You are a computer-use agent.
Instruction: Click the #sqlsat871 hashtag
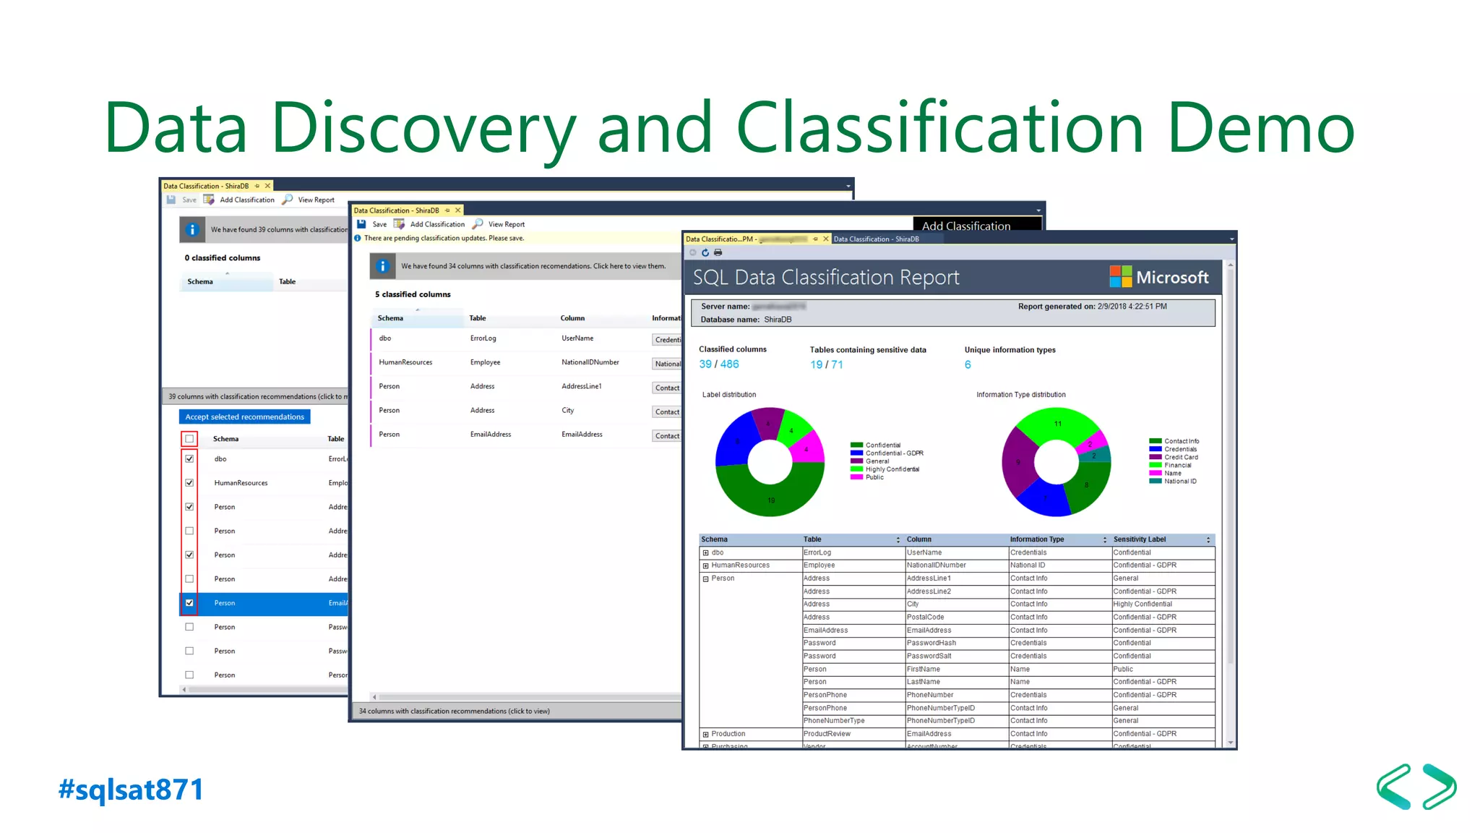point(131,789)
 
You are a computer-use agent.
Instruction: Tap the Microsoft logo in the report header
point(1158,277)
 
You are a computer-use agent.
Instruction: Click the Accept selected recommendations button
point(244,416)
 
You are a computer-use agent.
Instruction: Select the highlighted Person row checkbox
point(189,602)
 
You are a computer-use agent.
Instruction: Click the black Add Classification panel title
point(965,226)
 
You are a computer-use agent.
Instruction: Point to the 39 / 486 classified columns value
point(718,364)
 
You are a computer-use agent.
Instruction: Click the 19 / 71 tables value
point(826,364)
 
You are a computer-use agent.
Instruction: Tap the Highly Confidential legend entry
point(892,469)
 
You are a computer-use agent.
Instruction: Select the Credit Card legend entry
point(1181,457)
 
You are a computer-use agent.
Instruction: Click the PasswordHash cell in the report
point(931,643)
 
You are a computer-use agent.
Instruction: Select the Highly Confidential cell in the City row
point(1142,604)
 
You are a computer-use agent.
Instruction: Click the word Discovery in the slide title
point(423,129)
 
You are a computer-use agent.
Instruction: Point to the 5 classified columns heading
point(413,294)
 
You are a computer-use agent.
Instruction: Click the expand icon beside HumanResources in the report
point(705,565)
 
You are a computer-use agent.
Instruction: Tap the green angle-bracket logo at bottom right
point(1416,787)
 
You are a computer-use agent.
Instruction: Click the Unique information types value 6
point(968,364)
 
